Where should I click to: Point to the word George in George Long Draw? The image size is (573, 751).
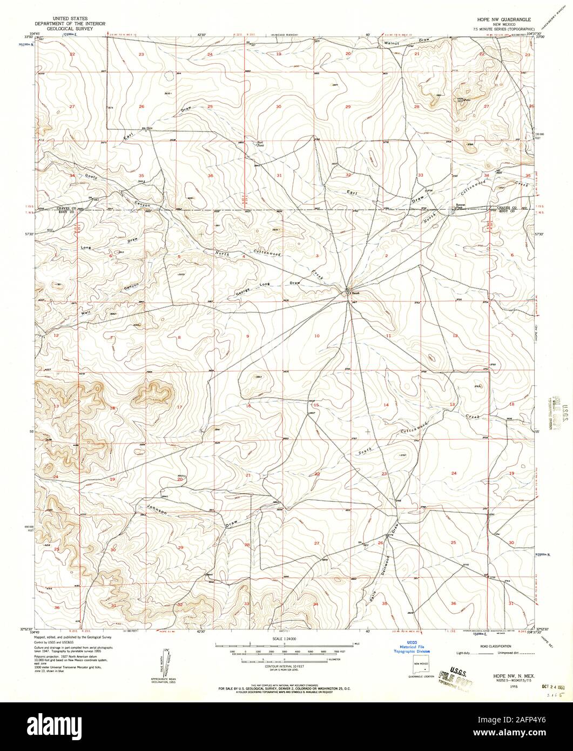tap(242, 291)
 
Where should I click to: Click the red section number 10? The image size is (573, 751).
tap(317, 336)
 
